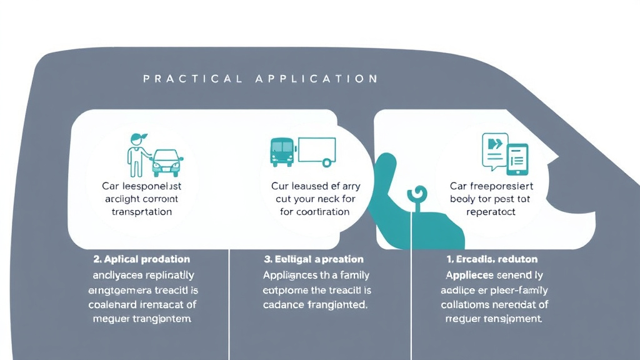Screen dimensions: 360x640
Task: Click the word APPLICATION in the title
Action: coord(316,79)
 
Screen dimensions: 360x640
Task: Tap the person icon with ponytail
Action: coord(136,154)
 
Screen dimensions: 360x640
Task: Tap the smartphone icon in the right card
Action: coord(517,160)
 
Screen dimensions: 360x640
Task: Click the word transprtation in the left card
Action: coord(142,211)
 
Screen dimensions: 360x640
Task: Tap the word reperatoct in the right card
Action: coord(491,211)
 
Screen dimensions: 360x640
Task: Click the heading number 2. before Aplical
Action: coord(97,259)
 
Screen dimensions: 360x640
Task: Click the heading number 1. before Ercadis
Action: coord(450,259)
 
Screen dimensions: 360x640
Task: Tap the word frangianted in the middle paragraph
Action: coord(337,306)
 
